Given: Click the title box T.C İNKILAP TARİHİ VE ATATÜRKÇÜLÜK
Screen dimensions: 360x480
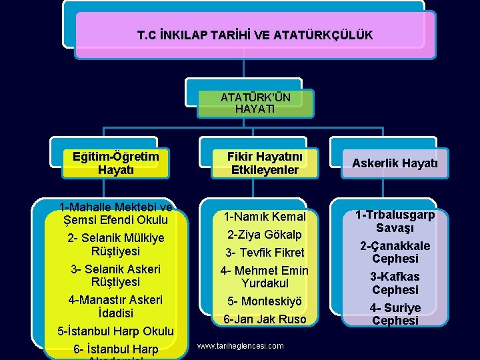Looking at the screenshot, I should [255, 34].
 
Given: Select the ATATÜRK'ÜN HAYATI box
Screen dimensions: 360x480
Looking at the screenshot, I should [255, 103].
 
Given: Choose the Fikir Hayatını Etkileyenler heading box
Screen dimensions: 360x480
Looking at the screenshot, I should [265, 163].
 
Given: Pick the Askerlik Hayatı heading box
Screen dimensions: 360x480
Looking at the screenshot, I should [395, 163].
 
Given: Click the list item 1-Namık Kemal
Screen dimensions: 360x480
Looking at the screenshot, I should [265, 217].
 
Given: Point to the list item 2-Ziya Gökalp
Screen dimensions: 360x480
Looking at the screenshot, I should [265, 235].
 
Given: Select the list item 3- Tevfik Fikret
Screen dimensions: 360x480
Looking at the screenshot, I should [265, 253].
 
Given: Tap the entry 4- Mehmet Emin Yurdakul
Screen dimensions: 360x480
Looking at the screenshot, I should [265, 277].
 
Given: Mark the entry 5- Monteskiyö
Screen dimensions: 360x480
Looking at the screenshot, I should [265, 301].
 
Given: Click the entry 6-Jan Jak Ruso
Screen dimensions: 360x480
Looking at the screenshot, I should [265, 319].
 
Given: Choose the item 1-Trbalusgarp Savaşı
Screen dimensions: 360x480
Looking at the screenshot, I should [395, 221].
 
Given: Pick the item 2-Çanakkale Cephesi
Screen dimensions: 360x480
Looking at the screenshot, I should [395, 252].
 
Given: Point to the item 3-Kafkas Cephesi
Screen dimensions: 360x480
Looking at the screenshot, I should [395, 283].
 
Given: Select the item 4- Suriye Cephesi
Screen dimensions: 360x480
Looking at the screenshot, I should [395, 314].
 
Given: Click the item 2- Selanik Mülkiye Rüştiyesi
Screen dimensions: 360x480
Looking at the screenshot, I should [115, 245].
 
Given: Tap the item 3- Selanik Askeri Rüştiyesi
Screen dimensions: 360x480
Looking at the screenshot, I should [115, 275].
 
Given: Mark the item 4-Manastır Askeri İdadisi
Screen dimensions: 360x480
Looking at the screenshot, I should [115, 306].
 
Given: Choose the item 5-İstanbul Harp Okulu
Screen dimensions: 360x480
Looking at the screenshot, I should [115, 331].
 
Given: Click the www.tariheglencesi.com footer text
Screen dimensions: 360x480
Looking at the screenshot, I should [241, 346].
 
